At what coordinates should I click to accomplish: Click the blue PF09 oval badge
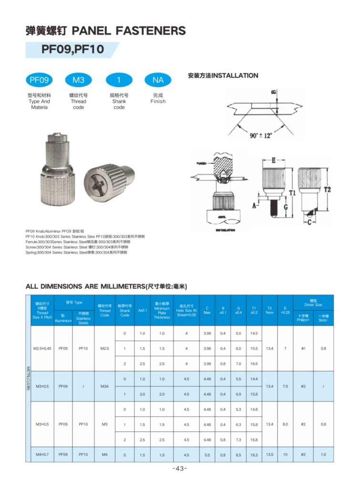39,81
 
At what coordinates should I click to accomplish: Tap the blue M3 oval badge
78,81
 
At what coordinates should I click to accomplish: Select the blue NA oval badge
158,81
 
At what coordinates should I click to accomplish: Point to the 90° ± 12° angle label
260,136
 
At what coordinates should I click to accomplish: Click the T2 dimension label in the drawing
327,189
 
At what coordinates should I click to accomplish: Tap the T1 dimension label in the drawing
292,193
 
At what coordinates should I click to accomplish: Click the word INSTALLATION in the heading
235,75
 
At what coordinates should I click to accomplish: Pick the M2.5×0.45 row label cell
41,348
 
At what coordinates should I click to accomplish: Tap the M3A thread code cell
105,386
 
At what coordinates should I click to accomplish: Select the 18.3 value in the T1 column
254,455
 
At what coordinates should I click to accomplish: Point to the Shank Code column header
124,310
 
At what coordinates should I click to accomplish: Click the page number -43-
180,468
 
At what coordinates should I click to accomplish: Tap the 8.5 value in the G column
238,455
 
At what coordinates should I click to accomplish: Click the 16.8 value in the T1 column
254,439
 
